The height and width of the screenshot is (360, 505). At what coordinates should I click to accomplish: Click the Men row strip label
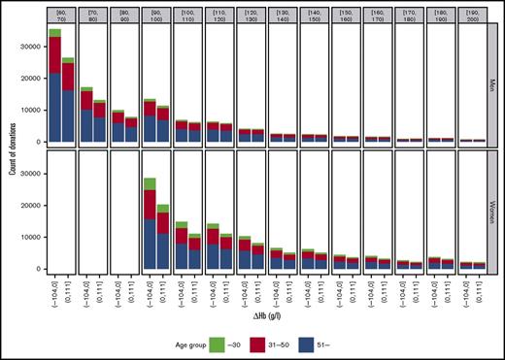(x=492, y=83)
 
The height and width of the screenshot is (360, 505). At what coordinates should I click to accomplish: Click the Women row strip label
(x=492, y=211)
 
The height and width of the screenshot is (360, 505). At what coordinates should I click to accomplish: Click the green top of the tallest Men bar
(x=55, y=33)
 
